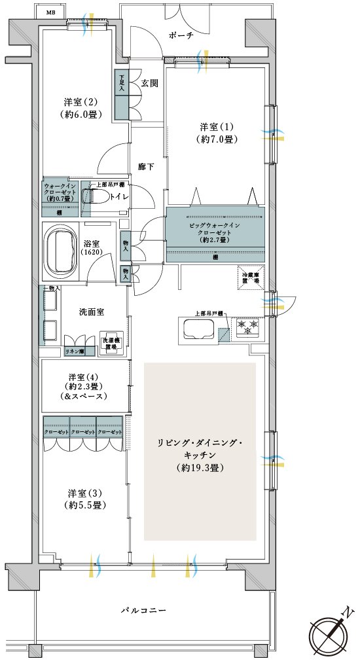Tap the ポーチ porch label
click(x=181, y=36)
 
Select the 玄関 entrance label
click(x=149, y=83)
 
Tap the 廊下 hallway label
click(x=145, y=167)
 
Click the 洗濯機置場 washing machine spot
click(x=109, y=345)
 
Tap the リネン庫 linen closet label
click(x=74, y=351)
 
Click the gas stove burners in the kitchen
click(x=249, y=327)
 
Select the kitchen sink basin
click(x=196, y=330)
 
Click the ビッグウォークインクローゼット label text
click(x=215, y=230)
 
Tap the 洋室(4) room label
click(x=81, y=377)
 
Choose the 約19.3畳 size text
click(x=200, y=468)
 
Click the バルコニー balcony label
click(x=144, y=610)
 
